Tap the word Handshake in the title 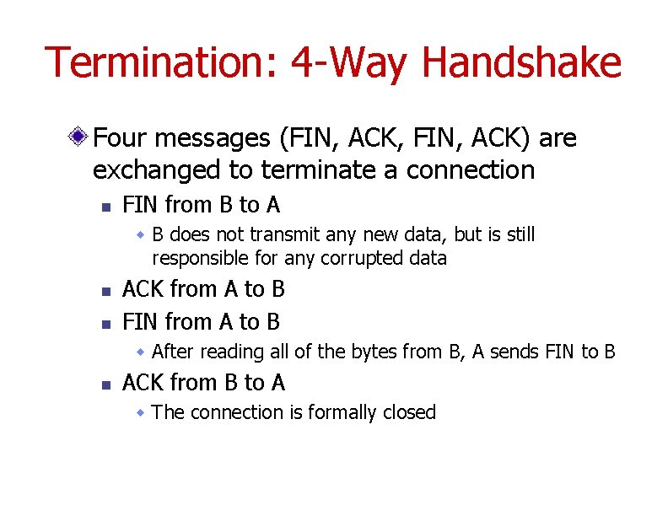[x=521, y=63]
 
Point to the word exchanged [x=157, y=169]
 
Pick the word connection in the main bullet [x=470, y=169]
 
